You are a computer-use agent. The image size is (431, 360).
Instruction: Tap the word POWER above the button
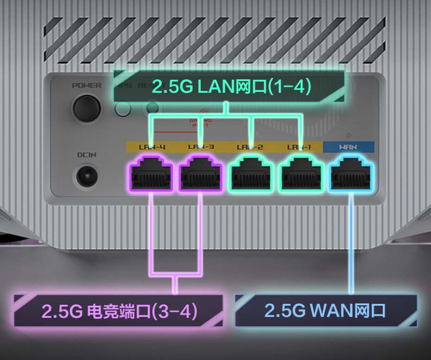pyautogui.click(x=86, y=85)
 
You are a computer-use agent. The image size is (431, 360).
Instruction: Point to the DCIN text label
pyautogui.click(x=87, y=154)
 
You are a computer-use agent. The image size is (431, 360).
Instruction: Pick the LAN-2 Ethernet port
pyautogui.click(x=251, y=174)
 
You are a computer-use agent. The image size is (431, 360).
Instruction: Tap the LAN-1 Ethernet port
pyautogui.click(x=300, y=174)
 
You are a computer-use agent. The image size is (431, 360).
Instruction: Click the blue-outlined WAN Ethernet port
pyautogui.click(x=351, y=174)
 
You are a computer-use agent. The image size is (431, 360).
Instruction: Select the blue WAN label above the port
pyautogui.click(x=349, y=147)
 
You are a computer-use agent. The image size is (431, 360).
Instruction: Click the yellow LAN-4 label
pyautogui.click(x=152, y=147)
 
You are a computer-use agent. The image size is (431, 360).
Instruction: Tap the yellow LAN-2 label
pyautogui.click(x=250, y=147)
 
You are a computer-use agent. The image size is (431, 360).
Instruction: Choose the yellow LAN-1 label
pyautogui.click(x=299, y=147)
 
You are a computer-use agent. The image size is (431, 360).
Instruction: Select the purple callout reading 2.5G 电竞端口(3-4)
pyautogui.click(x=119, y=310)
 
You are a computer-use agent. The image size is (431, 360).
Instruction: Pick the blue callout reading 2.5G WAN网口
pyautogui.click(x=325, y=310)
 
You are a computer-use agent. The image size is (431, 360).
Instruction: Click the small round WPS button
pyautogui.click(x=123, y=109)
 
